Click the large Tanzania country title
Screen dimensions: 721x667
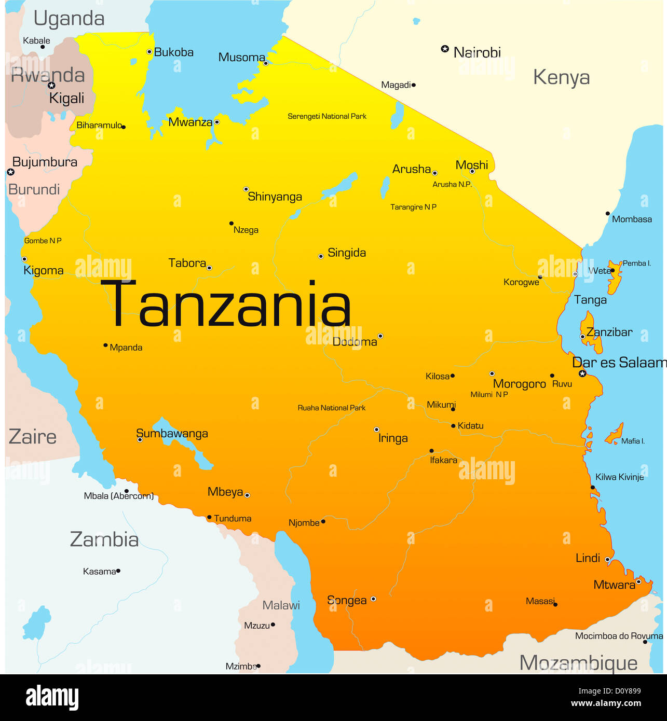(226, 304)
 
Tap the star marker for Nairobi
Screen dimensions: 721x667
(445, 49)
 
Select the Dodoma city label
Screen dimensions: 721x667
(355, 342)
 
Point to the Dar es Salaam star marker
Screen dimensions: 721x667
(582, 373)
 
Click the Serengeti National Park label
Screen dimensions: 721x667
(327, 116)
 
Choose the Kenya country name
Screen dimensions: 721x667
(561, 77)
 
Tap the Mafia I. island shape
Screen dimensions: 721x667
(615, 434)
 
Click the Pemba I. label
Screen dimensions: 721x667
(636, 263)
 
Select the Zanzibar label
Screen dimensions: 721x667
(609, 332)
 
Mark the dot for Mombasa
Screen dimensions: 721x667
(607, 213)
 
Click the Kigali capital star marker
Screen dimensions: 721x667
(51, 85)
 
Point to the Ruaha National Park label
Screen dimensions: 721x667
(331, 408)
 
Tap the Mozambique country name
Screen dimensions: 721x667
(578, 663)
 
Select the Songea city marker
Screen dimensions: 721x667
(373, 599)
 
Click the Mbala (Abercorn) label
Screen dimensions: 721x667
(118, 496)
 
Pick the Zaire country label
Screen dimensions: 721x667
(32, 437)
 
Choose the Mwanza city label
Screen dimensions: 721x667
(190, 122)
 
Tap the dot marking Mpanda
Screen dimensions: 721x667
(105, 345)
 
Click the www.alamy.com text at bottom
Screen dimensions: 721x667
(606, 704)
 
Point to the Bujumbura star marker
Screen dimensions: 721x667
(10, 172)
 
